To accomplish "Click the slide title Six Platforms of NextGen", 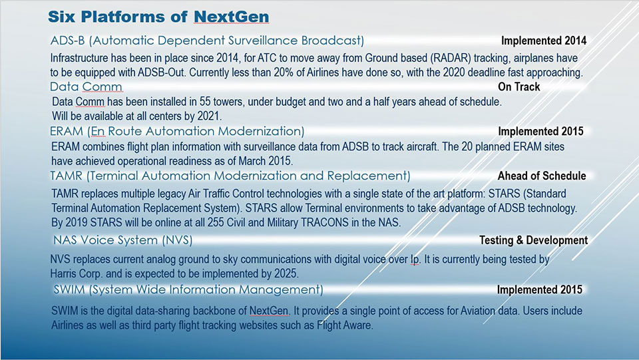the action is (158, 17).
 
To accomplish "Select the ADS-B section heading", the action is (207, 41).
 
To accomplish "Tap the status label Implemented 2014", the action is (544, 41).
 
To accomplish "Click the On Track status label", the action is (519, 87).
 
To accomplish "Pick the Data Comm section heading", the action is (86, 87).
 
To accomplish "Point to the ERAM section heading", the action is (177, 131).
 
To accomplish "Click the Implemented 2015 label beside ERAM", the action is (540, 131).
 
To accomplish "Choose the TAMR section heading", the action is (230, 176).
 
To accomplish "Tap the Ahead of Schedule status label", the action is (542, 176).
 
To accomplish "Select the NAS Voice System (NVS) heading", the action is (122, 240).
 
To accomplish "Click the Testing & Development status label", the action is (533, 240).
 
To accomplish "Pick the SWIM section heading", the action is (188, 289).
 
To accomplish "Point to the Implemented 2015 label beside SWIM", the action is (540, 289).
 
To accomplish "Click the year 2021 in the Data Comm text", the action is (208, 116).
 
